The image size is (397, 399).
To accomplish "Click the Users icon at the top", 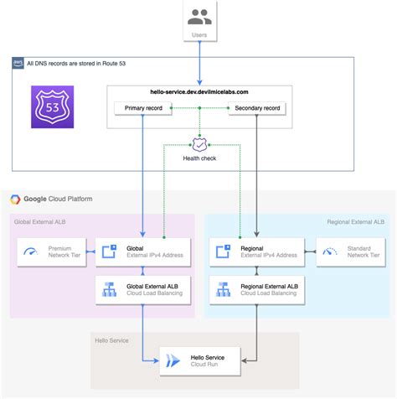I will [198, 17].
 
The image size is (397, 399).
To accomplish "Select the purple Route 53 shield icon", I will [54, 106].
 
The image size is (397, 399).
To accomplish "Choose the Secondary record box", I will [256, 107].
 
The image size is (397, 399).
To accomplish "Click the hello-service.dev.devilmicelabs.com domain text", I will [198, 91].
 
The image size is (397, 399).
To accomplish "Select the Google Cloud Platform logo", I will [15, 199].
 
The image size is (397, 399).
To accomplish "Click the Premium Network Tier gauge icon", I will [32, 251].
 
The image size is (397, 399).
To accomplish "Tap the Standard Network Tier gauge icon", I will [330, 251].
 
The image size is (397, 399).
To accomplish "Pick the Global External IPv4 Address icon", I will [109, 251].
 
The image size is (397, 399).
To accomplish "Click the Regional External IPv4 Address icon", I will [224, 251].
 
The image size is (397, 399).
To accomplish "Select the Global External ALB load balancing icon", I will [109, 290].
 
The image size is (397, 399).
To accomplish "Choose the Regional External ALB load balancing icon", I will [224, 290].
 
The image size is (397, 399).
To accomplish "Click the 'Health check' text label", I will [199, 158].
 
